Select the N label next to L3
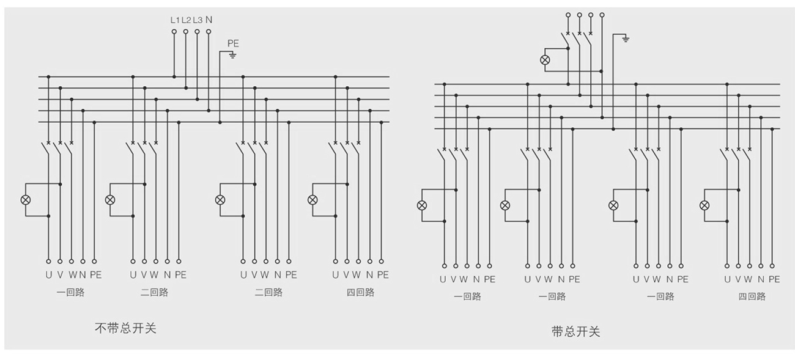[x=209, y=20]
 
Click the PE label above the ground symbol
[x=233, y=43]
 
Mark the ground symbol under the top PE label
[x=233, y=55]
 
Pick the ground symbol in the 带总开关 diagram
[x=624, y=39]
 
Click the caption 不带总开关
[x=125, y=328]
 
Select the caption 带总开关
[x=575, y=332]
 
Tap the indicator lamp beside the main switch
[x=545, y=60]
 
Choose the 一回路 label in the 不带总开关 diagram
[x=70, y=292]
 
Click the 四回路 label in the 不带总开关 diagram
[x=360, y=292]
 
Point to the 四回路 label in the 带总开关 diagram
[x=752, y=296]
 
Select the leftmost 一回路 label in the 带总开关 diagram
[x=467, y=296]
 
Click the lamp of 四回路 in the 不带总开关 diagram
[x=312, y=200]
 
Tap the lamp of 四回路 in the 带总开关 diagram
[x=704, y=205]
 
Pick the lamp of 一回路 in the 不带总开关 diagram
[x=26, y=200]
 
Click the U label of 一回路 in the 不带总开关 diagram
[x=48, y=275]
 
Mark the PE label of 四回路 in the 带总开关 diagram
[x=774, y=279]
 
